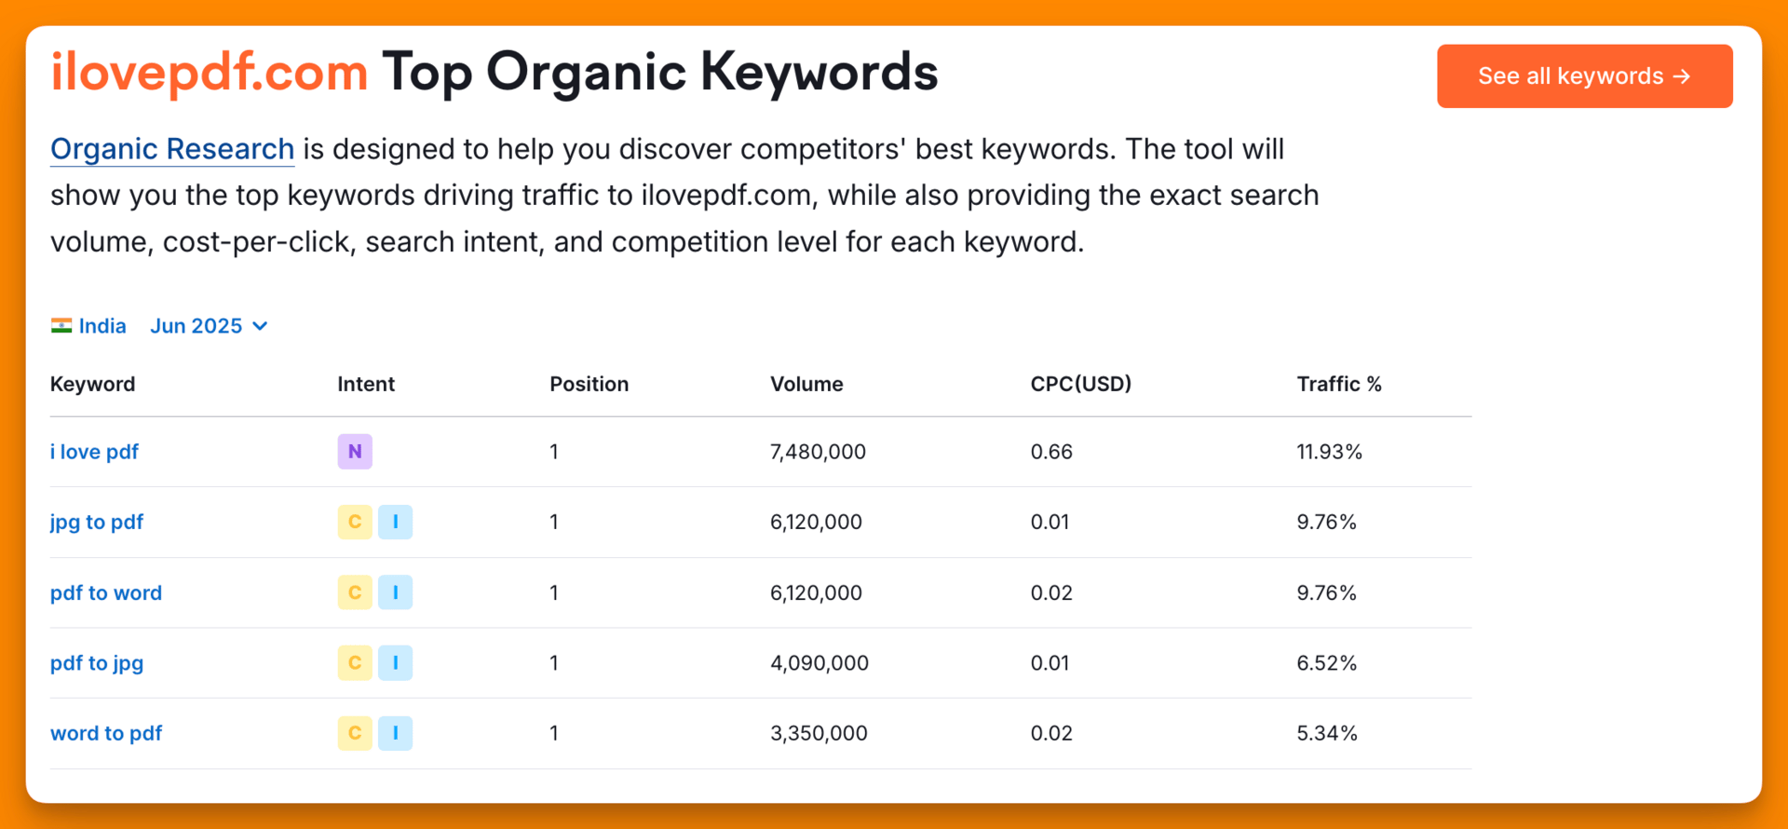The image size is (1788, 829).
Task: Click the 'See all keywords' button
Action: coord(1584,76)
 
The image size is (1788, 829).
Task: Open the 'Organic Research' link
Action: coord(172,149)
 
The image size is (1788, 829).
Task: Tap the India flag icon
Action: coord(61,326)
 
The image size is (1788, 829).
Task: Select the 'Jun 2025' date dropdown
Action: coord(209,326)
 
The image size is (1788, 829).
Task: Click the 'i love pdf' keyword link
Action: coord(94,452)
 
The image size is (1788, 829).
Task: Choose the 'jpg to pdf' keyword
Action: coord(97,523)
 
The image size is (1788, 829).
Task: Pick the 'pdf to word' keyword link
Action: coord(106,593)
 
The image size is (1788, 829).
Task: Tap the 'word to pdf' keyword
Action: coord(106,734)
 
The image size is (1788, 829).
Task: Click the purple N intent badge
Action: coord(355,452)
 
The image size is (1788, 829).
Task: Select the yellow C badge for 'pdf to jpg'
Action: coord(355,663)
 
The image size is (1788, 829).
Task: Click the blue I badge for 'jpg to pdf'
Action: coord(396,522)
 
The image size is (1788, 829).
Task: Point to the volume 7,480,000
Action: coord(818,452)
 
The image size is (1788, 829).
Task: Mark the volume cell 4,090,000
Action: coord(819,663)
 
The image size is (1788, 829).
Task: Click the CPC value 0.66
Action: coord(1051,452)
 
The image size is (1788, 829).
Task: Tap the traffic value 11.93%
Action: coord(1330,452)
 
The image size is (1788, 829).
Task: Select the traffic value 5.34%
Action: coord(1327,734)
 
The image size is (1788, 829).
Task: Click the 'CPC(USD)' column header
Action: coord(1081,384)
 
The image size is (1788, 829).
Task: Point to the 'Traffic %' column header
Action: coord(1339,384)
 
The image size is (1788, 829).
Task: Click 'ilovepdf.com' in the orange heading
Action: coord(210,73)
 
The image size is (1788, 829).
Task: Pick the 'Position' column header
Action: coord(589,384)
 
